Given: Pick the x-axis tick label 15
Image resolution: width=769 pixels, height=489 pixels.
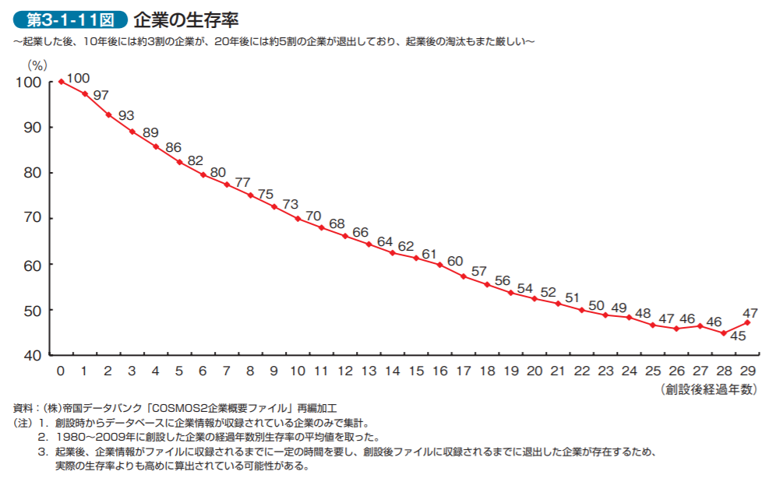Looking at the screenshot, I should tap(417, 371).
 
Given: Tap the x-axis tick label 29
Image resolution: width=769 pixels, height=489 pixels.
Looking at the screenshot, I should tap(748, 371).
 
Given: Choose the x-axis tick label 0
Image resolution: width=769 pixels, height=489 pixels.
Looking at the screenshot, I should tap(61, 371).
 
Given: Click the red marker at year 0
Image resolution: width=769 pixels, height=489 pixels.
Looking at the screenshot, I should tap(61, 81).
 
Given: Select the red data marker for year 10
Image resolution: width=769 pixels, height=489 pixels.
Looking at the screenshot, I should tap(298, 219).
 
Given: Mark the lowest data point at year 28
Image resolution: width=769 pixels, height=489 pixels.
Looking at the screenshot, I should tap(724, 333).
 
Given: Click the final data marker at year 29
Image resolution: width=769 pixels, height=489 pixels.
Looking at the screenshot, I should tap(748, 322).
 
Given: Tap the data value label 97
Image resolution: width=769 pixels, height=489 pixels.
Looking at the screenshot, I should tap(101, 95).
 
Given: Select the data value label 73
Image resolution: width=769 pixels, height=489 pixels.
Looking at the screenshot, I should tap(290, 204).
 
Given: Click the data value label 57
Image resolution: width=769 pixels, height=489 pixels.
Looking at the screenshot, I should tap(479, 272).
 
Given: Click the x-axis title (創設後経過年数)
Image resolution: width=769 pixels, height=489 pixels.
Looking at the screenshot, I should tap(708, 389).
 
